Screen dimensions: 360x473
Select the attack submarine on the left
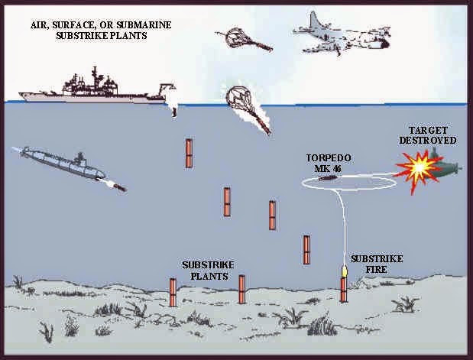click(x=61, y=161)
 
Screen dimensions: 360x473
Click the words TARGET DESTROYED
click(x=433, y=135)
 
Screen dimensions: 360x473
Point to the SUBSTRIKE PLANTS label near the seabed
click(x=206, y=270)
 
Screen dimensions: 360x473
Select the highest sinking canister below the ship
click(x=188, y=153)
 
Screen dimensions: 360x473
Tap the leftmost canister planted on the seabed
click(x=172, y=290)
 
